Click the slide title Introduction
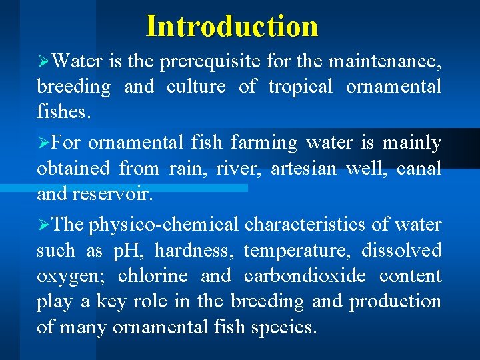232,26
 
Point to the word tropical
300,87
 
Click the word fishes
61,113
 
